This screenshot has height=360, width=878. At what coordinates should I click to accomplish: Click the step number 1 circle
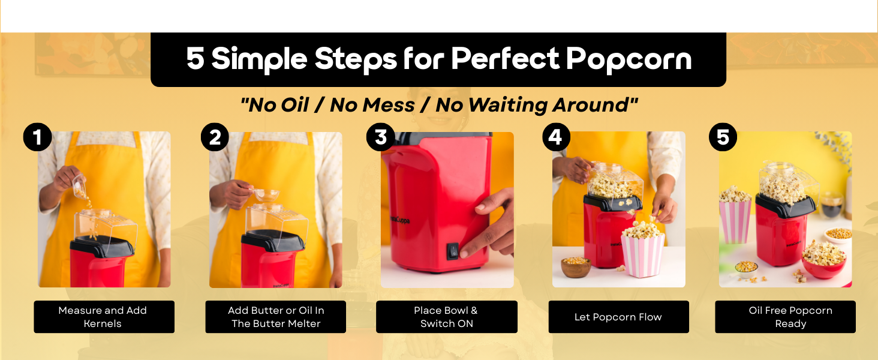(x=37, y=137)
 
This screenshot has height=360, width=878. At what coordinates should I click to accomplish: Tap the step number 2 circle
(x=215, y=137)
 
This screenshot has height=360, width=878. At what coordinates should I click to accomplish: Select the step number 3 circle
(x=381, y=137)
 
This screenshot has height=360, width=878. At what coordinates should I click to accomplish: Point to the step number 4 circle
(x=556, y=137)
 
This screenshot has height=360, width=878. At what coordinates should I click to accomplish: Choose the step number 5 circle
(x=723, y=137)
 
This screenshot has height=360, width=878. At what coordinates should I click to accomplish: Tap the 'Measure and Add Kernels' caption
(x=103, y=317)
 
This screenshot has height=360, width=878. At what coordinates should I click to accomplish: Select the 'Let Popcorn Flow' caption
(x=618, y=317)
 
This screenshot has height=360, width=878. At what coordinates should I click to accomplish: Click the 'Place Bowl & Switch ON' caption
(x=446, y=317)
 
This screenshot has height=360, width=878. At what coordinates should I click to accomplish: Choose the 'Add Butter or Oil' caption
(x=276, y=317)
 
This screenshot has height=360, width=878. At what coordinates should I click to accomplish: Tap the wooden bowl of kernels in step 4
(x=575, y=267)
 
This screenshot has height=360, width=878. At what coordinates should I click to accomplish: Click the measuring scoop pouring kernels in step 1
(x=79, y=187)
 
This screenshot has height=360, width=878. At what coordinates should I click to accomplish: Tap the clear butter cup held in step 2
(x=266, y=195)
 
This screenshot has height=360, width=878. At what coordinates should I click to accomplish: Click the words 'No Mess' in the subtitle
(x=372, y=105)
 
